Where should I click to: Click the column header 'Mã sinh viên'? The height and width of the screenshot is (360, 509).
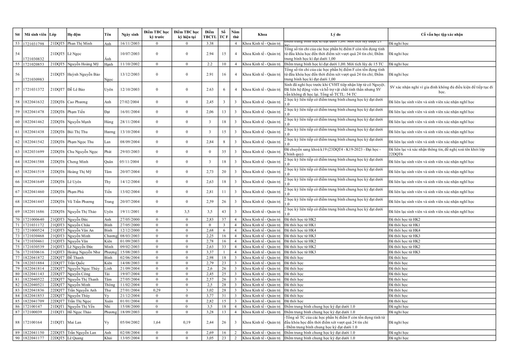[35, 34]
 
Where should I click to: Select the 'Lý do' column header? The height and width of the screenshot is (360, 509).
[335, 34]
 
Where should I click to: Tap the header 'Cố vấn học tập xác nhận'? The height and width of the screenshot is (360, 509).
[442, 34]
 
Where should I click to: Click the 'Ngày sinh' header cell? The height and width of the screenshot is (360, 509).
[130, 34]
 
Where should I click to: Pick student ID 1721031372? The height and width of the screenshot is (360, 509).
[33, 90]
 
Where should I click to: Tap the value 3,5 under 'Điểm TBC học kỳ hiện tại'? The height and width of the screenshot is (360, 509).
[187, 212]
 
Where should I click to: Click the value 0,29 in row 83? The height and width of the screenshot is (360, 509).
[157, 290]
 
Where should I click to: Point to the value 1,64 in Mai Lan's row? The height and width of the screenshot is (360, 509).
[157, 322]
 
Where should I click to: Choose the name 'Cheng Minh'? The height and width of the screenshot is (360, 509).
[78, 162]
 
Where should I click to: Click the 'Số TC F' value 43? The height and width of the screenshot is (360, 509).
[224, 212]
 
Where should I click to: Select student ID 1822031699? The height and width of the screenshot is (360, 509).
[33, 152]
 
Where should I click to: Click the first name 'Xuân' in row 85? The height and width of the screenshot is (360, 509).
[108, 301]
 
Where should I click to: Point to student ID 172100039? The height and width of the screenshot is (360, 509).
[32, 312]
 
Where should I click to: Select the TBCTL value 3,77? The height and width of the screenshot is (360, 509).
[210, 296]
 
